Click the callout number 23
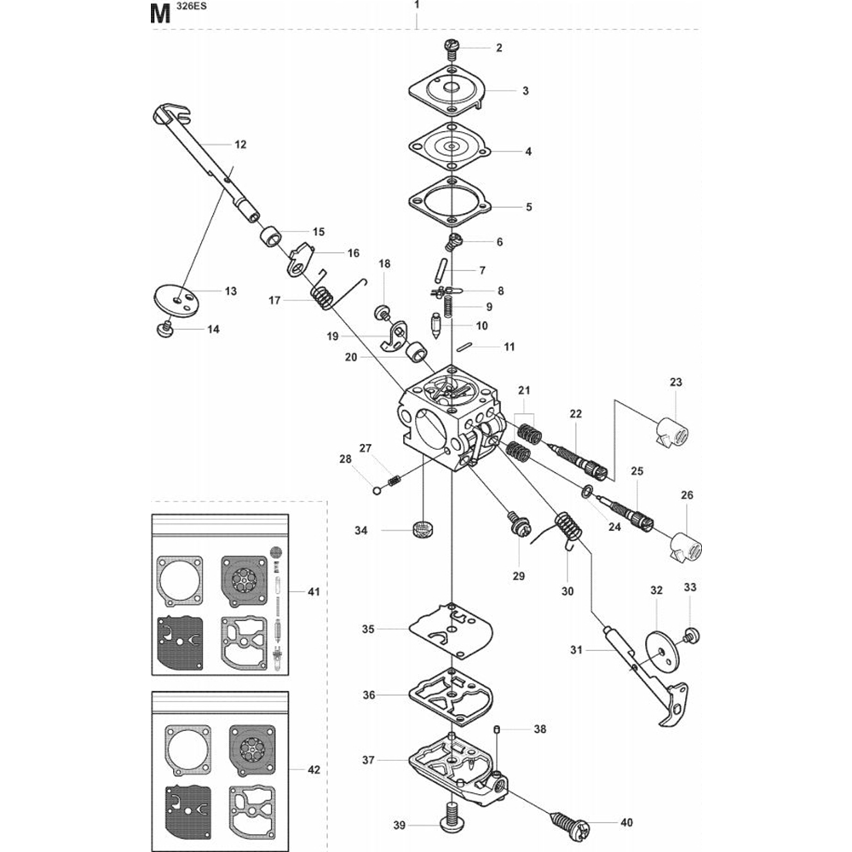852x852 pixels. coord(676,383)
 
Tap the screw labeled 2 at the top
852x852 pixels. coord(452,47)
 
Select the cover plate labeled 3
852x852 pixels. coord(448,91)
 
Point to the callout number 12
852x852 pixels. coord(240,144)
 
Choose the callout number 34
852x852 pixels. coord(361,531)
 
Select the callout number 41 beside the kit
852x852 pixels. coord(314,590)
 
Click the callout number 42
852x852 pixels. coord(314,769)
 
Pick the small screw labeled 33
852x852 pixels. coord(691,634)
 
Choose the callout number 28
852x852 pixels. coord(345,459)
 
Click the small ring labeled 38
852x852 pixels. coord(498,729)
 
